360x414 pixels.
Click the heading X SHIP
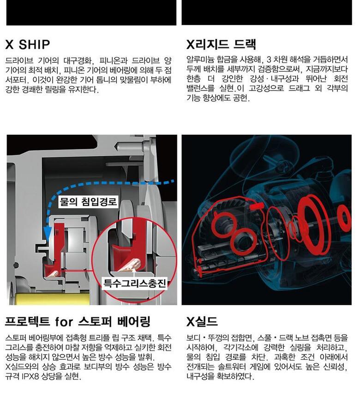point(28,44)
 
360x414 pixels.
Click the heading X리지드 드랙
point(221,44)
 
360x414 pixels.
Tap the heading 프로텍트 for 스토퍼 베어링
point(78,321)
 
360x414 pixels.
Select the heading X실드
point(202,322)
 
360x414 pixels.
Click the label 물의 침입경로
point(88,202)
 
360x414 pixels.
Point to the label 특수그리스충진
point(135,283)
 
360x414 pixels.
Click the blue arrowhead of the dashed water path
point(48,232)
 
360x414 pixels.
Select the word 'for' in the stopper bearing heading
point(64,322)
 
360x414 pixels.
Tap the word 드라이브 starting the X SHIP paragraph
point(19,60)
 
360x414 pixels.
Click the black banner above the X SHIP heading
point(91,12)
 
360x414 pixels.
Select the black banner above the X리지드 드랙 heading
point(267,12)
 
